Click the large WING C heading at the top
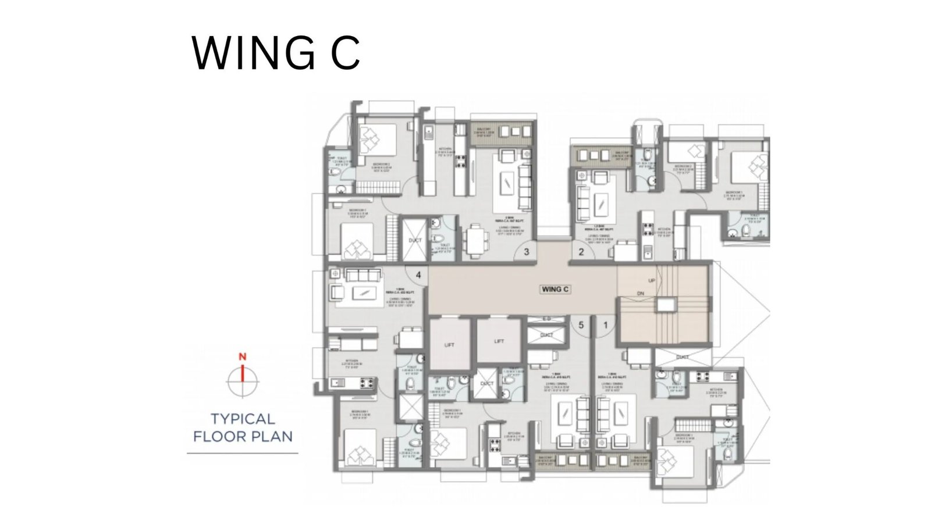tap(276, 53)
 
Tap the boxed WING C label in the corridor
tap(555, 288)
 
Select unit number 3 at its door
tap(526, 252)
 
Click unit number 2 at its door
tap(581, 252)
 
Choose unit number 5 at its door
tap(580, 326)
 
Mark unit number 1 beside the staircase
tap(605, 326)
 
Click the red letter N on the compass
tap(243, 356)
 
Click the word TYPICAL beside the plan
tap(243, 419)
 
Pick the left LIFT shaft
tap(449, 345)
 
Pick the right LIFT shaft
tap(499, 341)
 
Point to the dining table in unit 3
tap(475, 240)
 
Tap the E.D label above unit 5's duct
tap(546, 319)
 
